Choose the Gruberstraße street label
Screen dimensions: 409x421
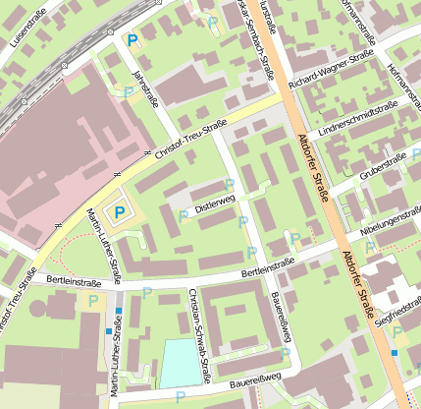pyautogui.click(x=383, y=165)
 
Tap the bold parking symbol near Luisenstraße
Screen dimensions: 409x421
pyautogui.click(x=132, y=40)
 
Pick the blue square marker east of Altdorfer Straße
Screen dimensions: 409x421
pyautogui.click(x=395, y=352)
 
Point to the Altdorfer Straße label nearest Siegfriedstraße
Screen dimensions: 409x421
pyautogui.click(x=358, y=285)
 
